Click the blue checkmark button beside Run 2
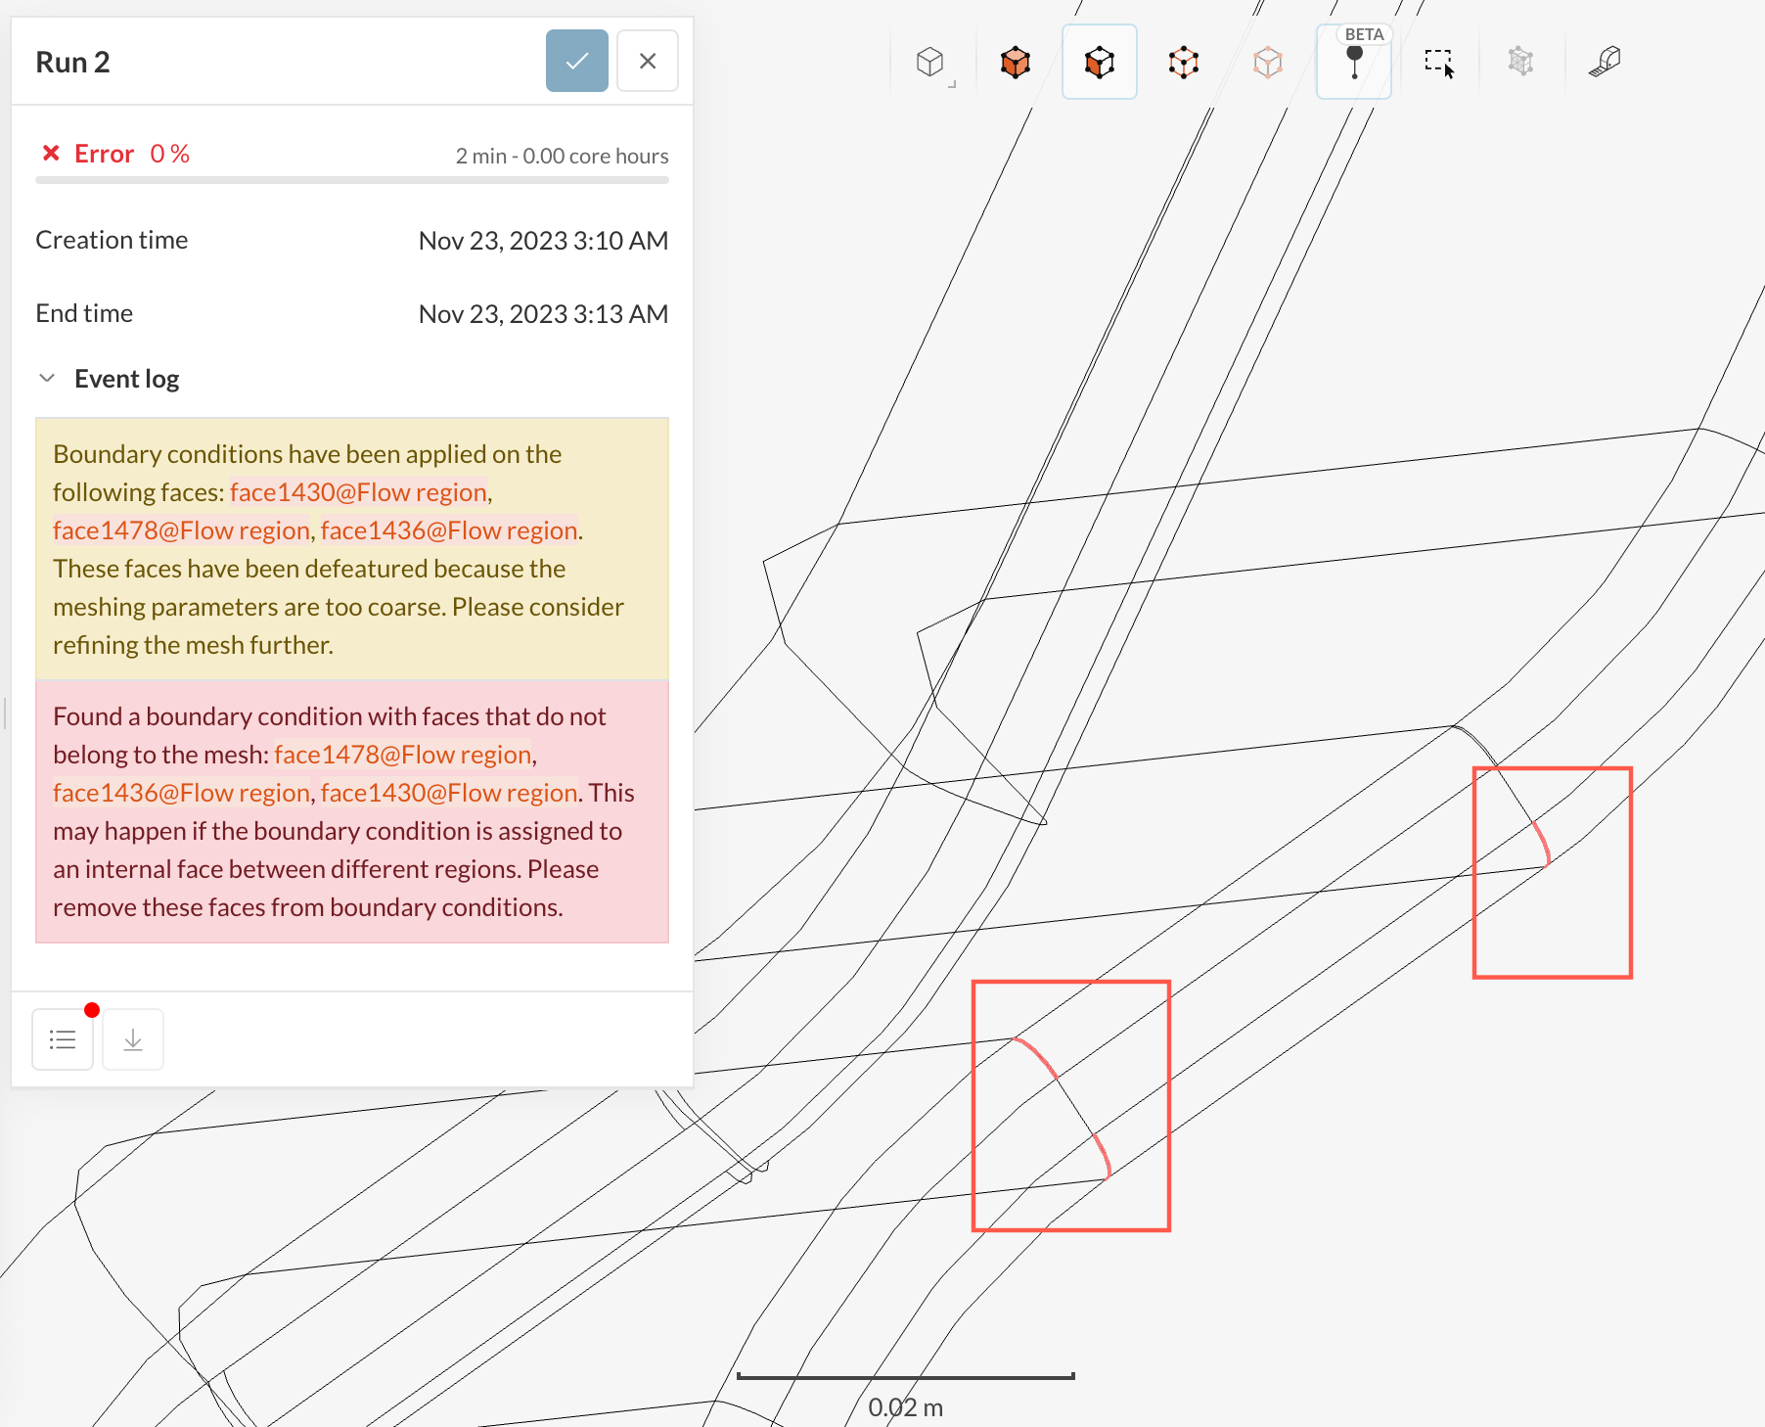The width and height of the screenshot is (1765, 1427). [x=576, y=61]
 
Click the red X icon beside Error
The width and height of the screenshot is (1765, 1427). [x=51, y=153]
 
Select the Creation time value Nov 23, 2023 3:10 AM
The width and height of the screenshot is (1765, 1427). [x=543, y=241]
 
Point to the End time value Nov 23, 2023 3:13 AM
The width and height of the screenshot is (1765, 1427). [x=543, y=314]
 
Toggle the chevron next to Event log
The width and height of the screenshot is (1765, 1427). [x=47, y=378]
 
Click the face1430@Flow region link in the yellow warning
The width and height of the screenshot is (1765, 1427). [x=358, y=492]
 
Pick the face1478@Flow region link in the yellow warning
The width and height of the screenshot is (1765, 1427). [x=181, y=530]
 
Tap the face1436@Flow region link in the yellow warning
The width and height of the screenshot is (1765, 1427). [x=449, y=530]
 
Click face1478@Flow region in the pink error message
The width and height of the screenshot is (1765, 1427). [x=403, y=755]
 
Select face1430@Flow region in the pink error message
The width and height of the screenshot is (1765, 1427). [x=449, y=793]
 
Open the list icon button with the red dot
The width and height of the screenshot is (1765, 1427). [x=63, y=1039]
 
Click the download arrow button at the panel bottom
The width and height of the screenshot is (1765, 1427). [x=133, y=1039]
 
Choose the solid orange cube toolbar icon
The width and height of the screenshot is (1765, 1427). [x=1016, y=63]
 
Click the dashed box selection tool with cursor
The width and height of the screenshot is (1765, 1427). [x=1439, y=63]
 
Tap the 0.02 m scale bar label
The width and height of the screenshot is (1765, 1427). [x=906, y=1407]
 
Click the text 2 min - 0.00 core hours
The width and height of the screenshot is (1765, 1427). [x=562, y=156]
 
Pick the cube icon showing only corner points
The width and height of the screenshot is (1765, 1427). [x=1184, y=63]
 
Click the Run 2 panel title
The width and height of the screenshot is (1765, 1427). [x=72, y=62]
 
